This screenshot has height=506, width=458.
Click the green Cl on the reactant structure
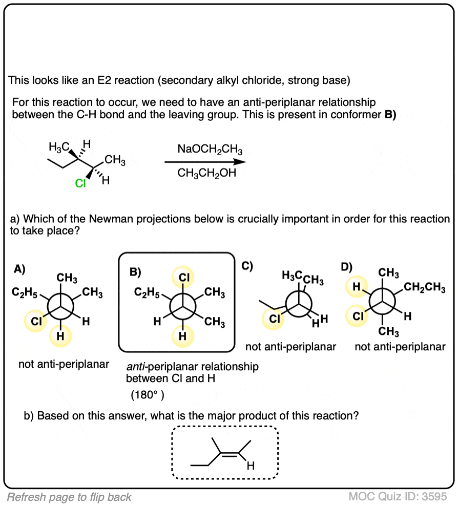click(80, 183)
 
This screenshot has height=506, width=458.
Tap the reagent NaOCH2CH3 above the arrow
click(210, 150)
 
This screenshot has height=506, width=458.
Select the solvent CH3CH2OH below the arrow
click(207, 173)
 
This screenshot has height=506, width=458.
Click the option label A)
click(19, 268)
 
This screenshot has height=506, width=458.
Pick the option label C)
click(247, 266)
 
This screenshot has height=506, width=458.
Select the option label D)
click(347, 266)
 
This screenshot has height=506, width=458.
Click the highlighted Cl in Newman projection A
click(36, 322)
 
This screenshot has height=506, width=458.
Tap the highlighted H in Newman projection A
click(61, 336)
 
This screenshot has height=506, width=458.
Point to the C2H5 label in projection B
click(147, 292)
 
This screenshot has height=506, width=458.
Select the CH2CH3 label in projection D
click(425, 288)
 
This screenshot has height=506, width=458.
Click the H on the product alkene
click(250, 466)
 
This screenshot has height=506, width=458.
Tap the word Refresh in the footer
click(25, 497)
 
